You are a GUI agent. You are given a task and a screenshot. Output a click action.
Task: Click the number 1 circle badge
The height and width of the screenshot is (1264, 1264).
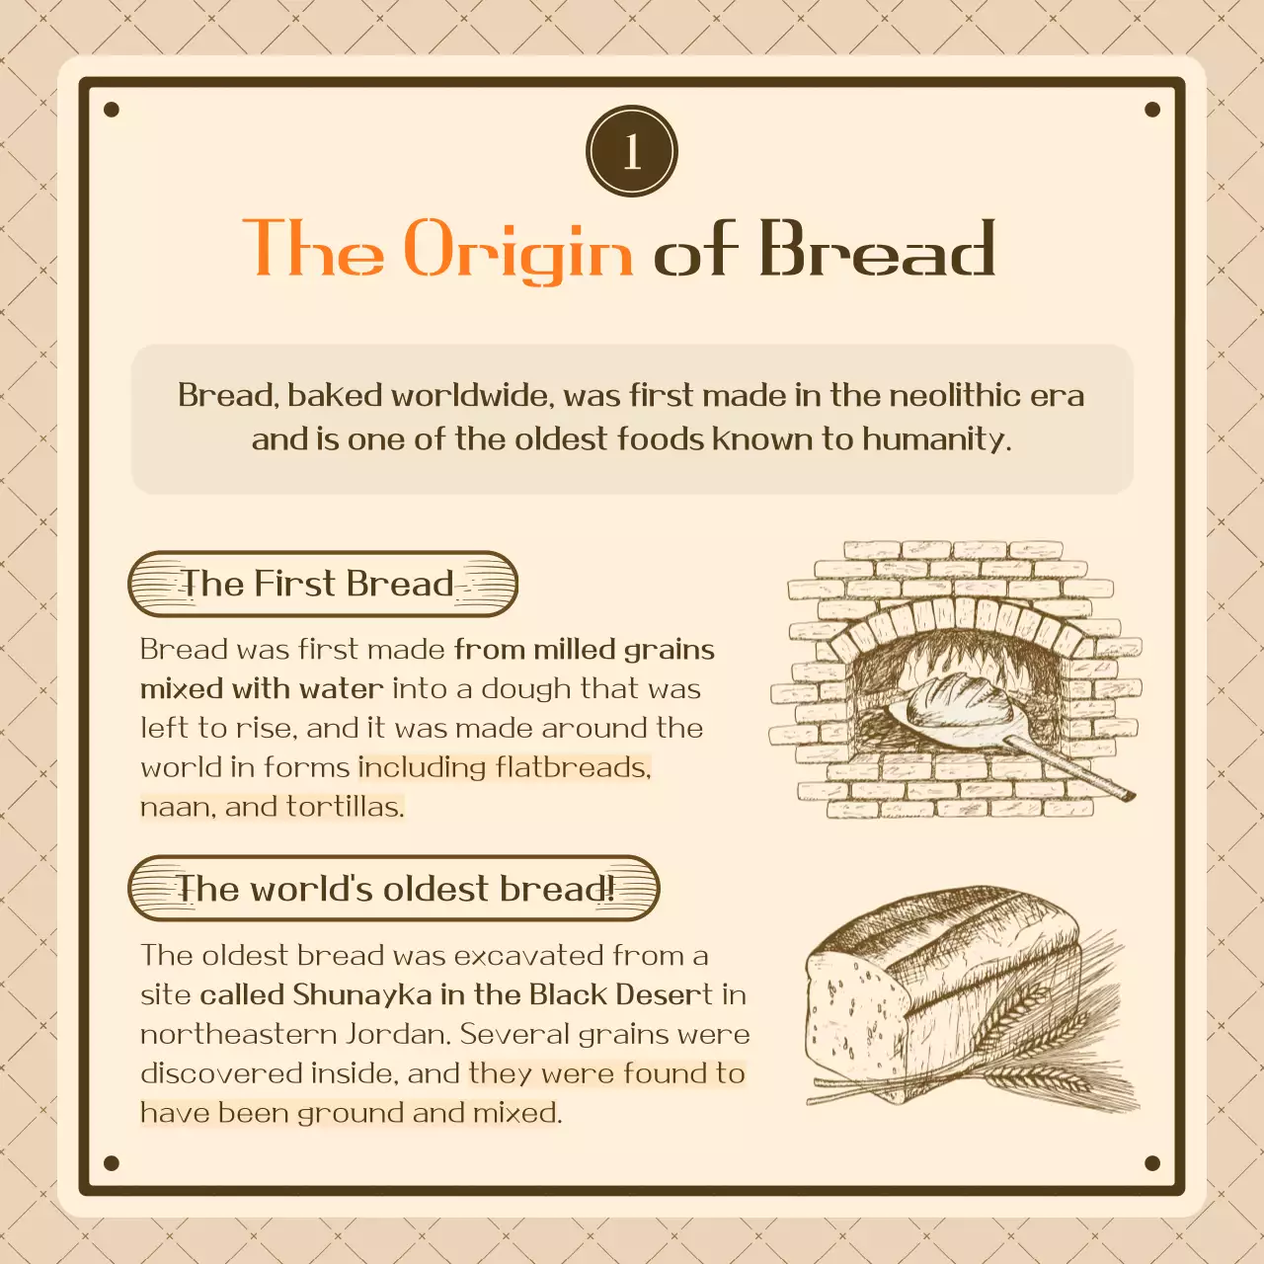632,151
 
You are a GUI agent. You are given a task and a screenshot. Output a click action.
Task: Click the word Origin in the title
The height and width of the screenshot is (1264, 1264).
518,251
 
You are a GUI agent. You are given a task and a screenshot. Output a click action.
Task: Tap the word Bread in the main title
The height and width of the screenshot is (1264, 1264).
877,249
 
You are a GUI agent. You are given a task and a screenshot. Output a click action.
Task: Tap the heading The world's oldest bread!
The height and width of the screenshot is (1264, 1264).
394,889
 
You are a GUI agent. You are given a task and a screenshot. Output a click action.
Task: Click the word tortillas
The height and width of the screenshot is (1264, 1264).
345,807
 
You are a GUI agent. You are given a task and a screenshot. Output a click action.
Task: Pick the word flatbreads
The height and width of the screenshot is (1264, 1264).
573,767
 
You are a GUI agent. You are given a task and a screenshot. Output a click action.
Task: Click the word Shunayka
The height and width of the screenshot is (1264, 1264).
361,994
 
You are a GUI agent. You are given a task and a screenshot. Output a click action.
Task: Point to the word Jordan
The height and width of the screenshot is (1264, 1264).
398,1034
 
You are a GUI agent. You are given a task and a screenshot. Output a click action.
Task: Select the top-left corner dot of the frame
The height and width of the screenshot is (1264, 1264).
112,110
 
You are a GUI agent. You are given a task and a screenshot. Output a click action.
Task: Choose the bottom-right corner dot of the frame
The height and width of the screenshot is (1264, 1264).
1152,1163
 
